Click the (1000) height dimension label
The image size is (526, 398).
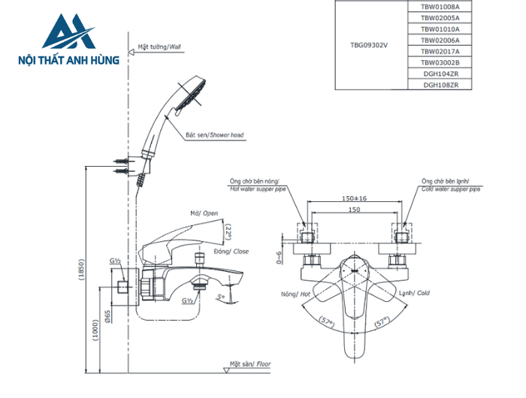[95, 329]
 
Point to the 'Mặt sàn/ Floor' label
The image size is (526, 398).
[250, 363]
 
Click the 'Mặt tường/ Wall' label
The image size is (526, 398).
[159, 47]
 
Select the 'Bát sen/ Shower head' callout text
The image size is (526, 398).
[215, 136]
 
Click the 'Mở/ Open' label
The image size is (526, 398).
[204, 213]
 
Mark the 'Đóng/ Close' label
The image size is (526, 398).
[231, 251]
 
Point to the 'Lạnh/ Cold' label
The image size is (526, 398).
[413, 294]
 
